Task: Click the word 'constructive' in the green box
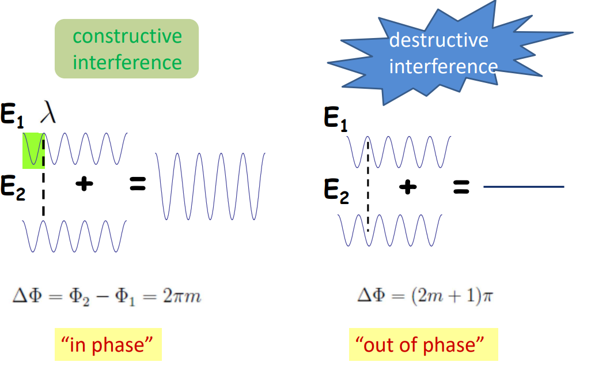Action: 127,36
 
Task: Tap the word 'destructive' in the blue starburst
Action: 438,40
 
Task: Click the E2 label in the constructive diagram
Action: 13,188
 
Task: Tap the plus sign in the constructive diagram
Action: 85,184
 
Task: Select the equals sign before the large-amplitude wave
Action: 138,184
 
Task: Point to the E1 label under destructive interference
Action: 336,119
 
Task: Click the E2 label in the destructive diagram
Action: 336,190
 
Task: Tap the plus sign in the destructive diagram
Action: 408,187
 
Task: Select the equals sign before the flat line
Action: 461,187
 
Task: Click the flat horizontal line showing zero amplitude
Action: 523,187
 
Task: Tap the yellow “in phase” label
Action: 108,345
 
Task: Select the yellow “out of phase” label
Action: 423,345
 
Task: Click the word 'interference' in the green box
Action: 127,62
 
